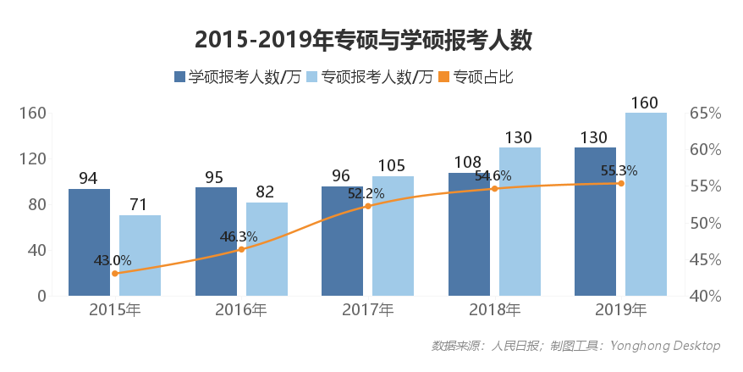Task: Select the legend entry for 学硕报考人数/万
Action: (x=237, y=77)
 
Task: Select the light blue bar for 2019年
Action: (x=646, y=203)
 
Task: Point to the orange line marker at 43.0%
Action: (x=115, y=273)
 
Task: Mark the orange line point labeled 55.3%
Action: (x=620, y=183)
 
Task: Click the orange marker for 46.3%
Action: (x=241, y=249)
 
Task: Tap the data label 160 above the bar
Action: (x=645, y=103)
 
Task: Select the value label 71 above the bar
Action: (x=139, y=205)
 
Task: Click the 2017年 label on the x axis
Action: (x=367, y=310)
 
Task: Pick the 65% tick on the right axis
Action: (x=705, y=114)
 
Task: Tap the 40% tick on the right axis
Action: (x=705, y=297)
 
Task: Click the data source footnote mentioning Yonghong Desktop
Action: (x=575, y=346)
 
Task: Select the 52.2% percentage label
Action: (x=366, y=193)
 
